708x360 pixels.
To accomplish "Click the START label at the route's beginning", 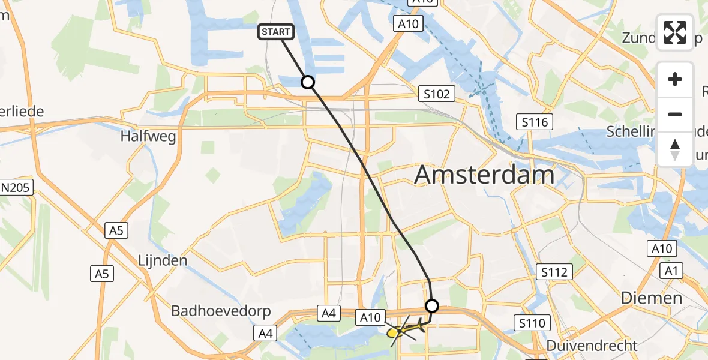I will tap(276, 32).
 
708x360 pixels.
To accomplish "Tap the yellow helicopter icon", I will tap(401, 330).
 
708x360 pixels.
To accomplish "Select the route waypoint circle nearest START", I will tap(308, 82).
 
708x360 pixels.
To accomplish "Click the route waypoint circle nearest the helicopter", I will tap(431, 306).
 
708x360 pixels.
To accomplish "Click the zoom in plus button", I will tap(675, 79).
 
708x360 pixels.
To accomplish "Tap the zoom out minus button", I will tap(675, 114).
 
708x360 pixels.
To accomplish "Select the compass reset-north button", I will tap(675, 149).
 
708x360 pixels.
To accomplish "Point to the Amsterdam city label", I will tap(484, 175).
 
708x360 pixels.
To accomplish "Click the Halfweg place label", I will tap(148, 136).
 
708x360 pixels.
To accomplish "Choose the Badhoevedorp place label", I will tap(221, 311).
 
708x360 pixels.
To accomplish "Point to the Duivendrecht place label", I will tap(592, 346).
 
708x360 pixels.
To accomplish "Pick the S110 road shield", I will tap(533, 323).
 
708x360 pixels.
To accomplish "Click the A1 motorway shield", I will tap(671, 271).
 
